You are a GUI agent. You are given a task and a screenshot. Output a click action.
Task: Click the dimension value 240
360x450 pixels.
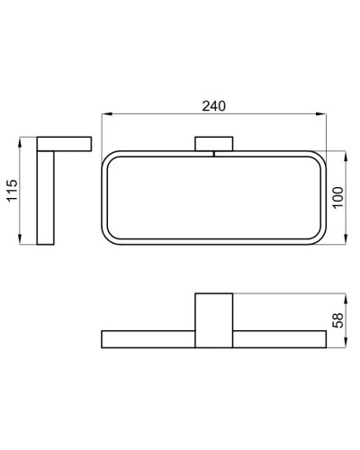pyautogui.click(x=214, y=105)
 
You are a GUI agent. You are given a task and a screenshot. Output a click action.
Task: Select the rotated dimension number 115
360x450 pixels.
pyautogui.click(x=13, y=191)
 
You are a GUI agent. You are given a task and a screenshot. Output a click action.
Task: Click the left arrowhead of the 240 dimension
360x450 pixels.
pyautogui.click(x=104, y=114)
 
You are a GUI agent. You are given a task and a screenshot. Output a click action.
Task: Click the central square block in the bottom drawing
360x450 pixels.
pyautogui.click(x=214, y=320)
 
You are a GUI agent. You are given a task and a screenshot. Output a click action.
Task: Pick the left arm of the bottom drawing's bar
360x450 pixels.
pyautogui.click(x=148, y=339)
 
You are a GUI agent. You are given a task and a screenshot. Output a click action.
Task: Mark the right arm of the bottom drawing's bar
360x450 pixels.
pyautogui.click(x=280, y=339)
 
